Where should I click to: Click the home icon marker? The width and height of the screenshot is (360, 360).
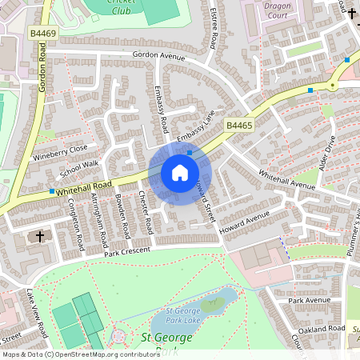tap(180, 173)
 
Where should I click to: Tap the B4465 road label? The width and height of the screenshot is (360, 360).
tap(238, 126)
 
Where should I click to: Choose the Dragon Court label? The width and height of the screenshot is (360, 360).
tap(278, 10)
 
